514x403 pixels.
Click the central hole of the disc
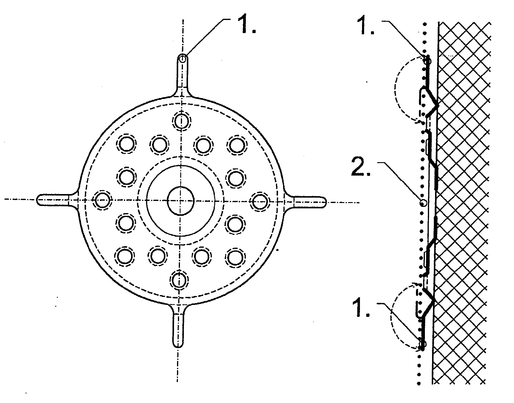pyautogui.click(x=181, y=201)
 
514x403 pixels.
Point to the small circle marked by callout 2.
pyautogui.click(x=423, y=203)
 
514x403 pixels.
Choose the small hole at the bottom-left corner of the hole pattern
pyautogui.click(x=124, y=256)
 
